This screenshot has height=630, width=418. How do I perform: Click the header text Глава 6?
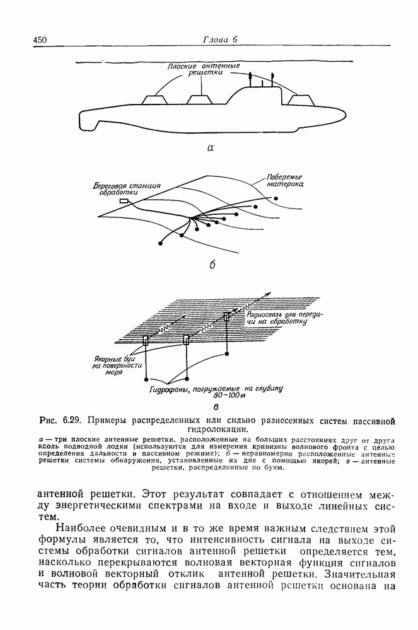[219, 39]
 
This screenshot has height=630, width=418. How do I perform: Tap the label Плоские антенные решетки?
[203, 69]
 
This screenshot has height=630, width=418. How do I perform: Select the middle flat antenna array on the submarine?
[199, 100]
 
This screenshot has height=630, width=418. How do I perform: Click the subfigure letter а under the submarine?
[211, 149]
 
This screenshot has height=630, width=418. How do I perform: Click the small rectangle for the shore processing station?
[124, 202]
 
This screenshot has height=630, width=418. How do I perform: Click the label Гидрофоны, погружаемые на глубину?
[216, 389]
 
